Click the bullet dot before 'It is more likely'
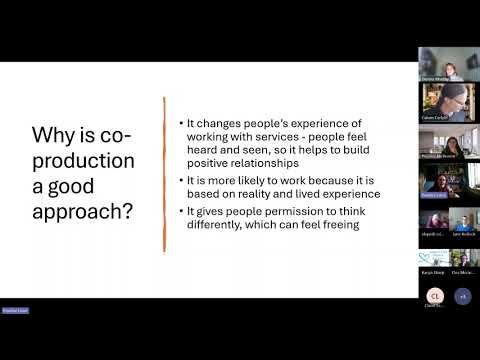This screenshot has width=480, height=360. coord(181,180)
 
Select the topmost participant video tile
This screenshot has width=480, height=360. coord(448,65)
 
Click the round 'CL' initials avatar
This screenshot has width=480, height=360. coord(435,295)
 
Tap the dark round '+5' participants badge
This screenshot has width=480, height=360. coord(462,295)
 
